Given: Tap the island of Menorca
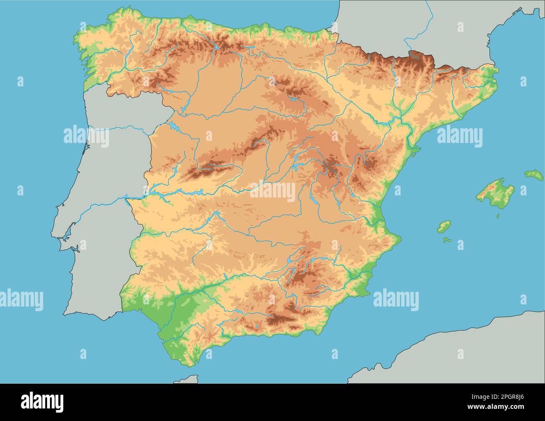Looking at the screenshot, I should pyautogui.click(x=534, y=174).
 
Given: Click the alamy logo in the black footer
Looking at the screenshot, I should pyautogui.click(x=42, y=402).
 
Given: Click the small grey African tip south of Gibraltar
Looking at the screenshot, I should pyautogui.click(x=187, y=379).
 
